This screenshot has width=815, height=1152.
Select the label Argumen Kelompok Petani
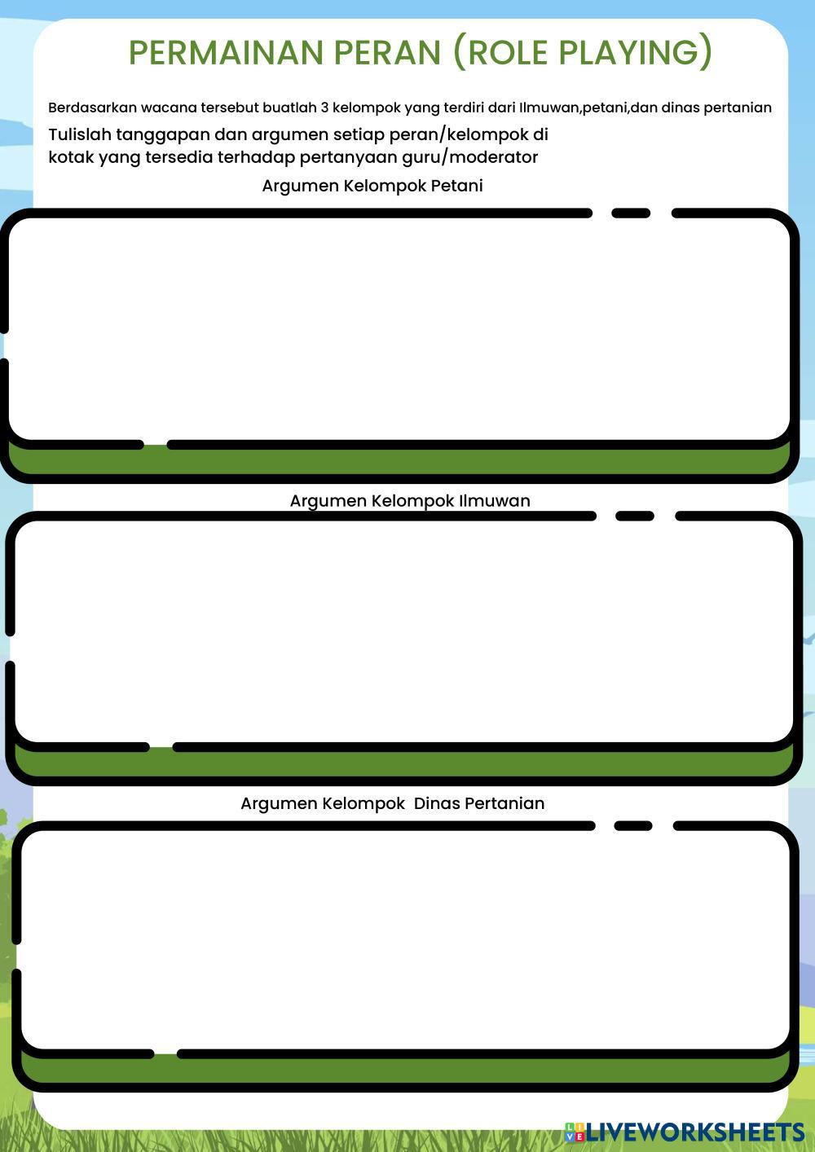(x=372, y=186)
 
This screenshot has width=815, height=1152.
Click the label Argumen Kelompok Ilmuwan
(x=409, y=501)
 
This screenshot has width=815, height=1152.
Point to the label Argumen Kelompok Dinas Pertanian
(x=392, y=803)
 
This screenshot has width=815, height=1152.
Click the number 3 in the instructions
(x=324, y=108)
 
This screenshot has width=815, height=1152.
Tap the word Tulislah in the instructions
(x=79, y=134)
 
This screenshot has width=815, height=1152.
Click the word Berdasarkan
(x=92, y=108)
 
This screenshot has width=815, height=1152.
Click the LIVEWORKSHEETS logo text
(x=695, y=1132)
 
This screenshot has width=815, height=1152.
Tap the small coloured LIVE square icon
(x=575, y=1132)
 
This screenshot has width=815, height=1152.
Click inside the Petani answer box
(x=399, y=326)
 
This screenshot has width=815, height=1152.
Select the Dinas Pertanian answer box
(x=403, y=937)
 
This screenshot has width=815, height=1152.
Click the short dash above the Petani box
(x=631, y=213)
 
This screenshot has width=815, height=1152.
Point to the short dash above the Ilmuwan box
(x=635, y=516)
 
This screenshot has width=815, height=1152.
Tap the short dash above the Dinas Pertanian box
(x=633, y=825)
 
